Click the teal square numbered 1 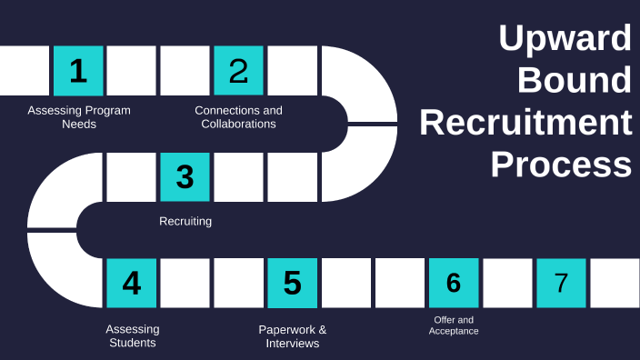[x=78, y=71]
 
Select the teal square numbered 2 [x=238, y=71]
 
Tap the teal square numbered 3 [x=185, y=176]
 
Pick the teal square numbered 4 [x=132, y=284]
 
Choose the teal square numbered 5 [x=292, y=284]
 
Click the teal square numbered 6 [x=453, y=284]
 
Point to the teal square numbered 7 [x=560, y=284]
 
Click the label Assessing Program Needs [x=79, y=117]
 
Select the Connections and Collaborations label [x=238, y=117]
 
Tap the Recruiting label [x=185, y=221]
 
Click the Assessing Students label [x=133, y=335]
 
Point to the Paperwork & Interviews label [x=292, y=335]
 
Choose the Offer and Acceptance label [x=454, y=325]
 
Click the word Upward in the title [x=565, y=39]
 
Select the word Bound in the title [x=574, y=80]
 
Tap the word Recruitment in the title [x=525, y=122]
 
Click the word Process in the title [x=561, y=165]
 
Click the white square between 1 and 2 [x=132, y=71]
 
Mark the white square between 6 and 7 [x=506, y=284]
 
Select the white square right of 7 [x=615, y=284]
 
